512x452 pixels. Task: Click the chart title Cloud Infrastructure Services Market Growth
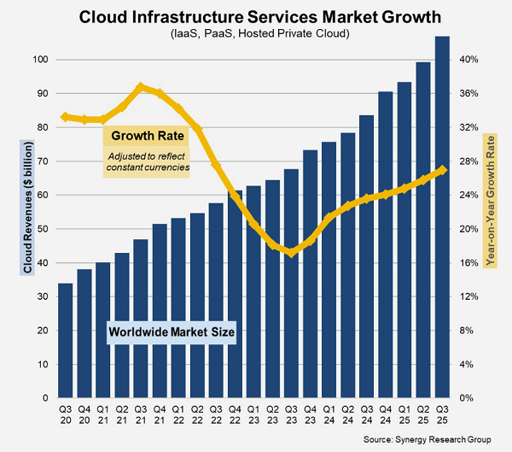point(255,16)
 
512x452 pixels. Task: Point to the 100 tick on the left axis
point(38,60)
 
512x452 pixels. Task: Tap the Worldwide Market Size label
point(170,331)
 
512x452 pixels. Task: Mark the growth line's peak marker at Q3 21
point(141,86)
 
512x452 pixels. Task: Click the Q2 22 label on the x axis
point(197,414)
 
